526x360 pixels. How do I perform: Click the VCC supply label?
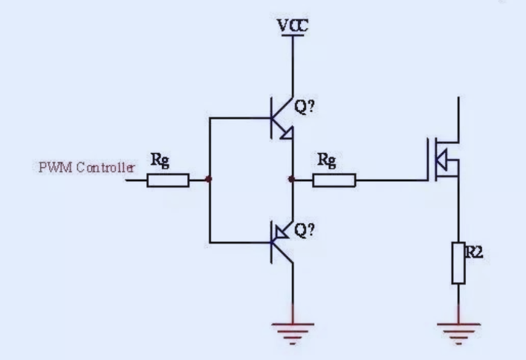point(293,27)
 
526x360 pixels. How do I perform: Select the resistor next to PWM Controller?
point(167,180)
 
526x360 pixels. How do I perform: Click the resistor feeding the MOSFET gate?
point(334,180)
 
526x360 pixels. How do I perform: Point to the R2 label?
point(475,252)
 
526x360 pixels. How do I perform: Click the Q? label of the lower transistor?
point(305,230)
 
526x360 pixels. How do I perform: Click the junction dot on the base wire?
point(210,179)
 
